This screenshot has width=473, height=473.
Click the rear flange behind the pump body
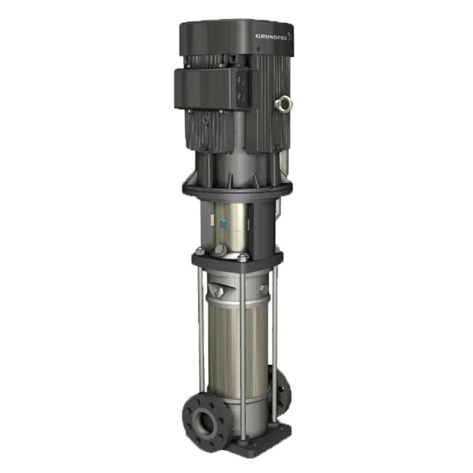[281, 390]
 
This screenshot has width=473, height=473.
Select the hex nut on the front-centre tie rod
[244, 258]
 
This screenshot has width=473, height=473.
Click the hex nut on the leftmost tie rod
[197, 252]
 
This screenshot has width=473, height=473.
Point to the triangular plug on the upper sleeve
[222, 292]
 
